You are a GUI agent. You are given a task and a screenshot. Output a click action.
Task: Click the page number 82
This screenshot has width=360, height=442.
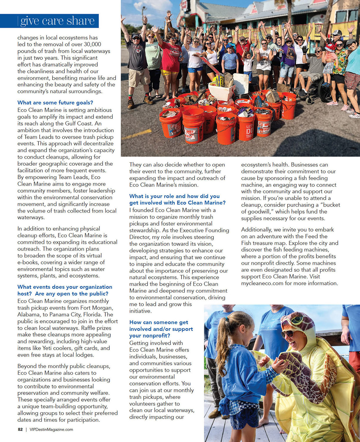point(20,429)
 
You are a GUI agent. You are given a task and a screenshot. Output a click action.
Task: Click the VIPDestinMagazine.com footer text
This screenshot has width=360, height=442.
point(51,429)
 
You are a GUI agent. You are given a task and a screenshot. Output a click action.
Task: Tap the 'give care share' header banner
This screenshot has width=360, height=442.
point(57,21)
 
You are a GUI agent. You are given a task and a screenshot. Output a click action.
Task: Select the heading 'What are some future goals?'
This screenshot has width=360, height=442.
point(55,103)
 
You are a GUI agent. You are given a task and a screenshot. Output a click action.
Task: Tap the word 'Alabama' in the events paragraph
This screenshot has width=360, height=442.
point(29,314)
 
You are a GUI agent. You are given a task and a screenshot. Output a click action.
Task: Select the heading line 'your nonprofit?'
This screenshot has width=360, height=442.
point(150,336)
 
